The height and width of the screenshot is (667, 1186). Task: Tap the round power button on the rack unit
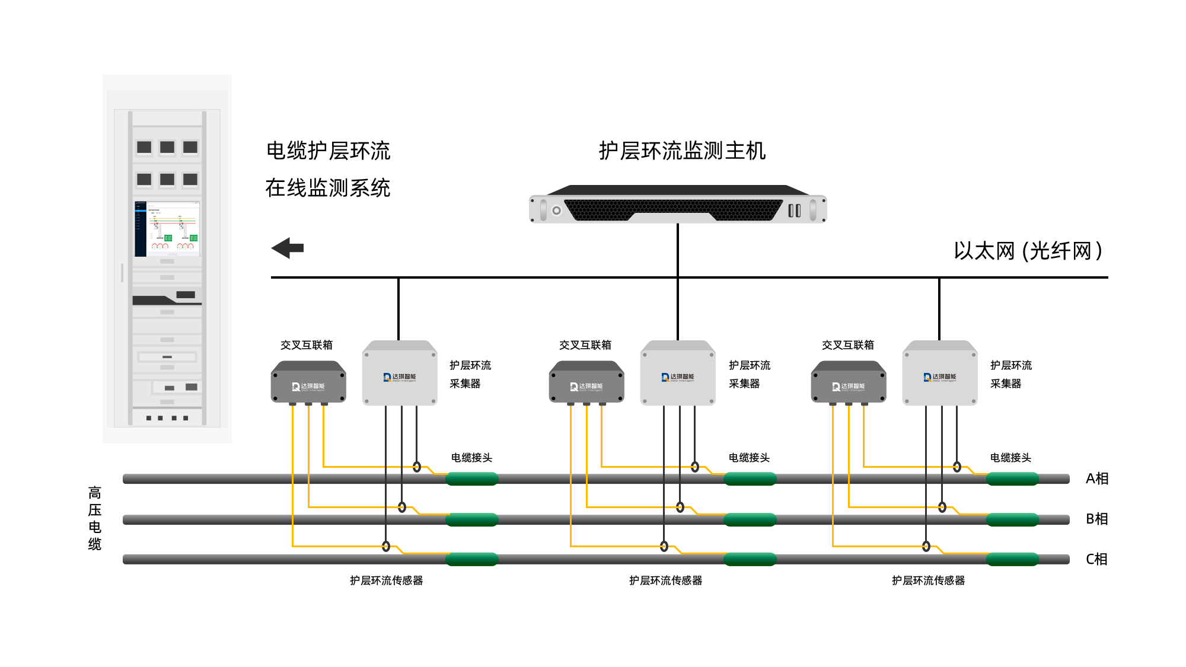click(556, 210)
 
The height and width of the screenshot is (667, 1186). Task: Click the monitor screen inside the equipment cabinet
click(167, 229)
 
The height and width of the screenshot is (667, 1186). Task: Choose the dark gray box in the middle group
click(586, 384)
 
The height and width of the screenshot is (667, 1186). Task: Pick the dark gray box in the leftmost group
click(308, 384)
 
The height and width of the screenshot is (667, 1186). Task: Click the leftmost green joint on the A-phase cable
click(472, 479)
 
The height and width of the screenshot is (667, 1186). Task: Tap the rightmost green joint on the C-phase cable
click(1012, 559)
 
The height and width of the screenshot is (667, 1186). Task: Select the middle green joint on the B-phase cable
click(750, 520)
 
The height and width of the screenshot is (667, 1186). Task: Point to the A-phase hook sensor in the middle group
click(695, 467)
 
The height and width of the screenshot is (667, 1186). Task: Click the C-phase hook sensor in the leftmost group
click(386, 546)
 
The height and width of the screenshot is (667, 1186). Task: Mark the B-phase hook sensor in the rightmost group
click(942, 507)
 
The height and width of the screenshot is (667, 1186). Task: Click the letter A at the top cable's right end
click(1090, 478)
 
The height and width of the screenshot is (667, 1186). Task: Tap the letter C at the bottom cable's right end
click(1090, 559)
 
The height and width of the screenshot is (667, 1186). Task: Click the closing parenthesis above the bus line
click(1099, 251)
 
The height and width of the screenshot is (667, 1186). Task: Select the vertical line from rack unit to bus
click(678, 249)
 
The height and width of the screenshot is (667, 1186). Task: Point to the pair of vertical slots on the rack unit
click(795, 210)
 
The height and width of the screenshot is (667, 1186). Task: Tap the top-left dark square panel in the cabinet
click(144, 147)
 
